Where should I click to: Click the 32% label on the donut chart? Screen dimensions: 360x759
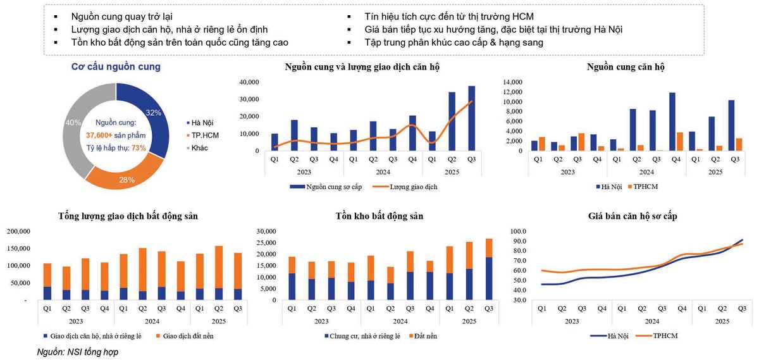click(x=154, y=113)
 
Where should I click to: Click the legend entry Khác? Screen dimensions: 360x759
click(x=199, y=148)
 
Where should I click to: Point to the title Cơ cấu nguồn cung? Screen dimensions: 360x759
click(x=116, y=66)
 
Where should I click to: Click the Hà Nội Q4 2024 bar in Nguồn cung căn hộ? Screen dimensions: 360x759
click(x=672, y=121)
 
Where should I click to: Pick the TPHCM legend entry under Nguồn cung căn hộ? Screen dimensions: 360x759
click(x=646, y=187)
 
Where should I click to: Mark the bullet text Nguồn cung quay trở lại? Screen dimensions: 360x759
click(x=121, y=16)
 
